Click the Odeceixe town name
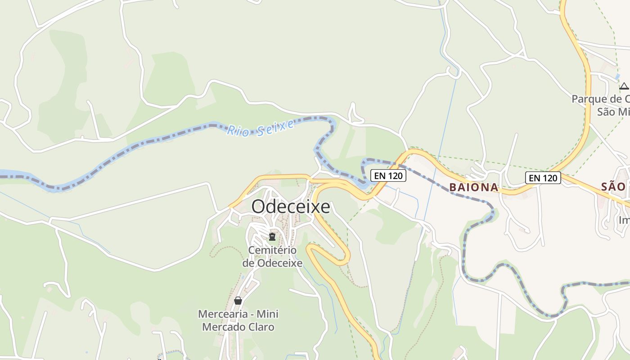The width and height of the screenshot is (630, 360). click(290, 207)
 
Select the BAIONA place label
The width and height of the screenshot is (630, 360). click(474, 187)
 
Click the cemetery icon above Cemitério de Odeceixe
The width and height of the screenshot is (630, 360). click(272, 236)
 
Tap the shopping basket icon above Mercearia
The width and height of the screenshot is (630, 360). click(238, 301)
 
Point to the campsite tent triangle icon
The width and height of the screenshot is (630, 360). click(624, 86)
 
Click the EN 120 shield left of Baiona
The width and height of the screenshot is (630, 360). click(388, 175)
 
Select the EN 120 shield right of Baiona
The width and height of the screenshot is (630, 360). click(543, 178)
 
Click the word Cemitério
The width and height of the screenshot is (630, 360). click(272, 250)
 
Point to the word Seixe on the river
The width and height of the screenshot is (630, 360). click(275, 126)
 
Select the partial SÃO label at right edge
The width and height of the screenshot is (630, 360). click(614, 187)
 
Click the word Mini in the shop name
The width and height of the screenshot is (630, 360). click(268, 314)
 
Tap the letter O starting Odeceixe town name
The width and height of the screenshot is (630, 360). click(258, 207)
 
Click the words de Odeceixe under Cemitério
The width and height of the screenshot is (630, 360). click(272, 263)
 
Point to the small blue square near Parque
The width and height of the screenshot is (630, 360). click(617, 77)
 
